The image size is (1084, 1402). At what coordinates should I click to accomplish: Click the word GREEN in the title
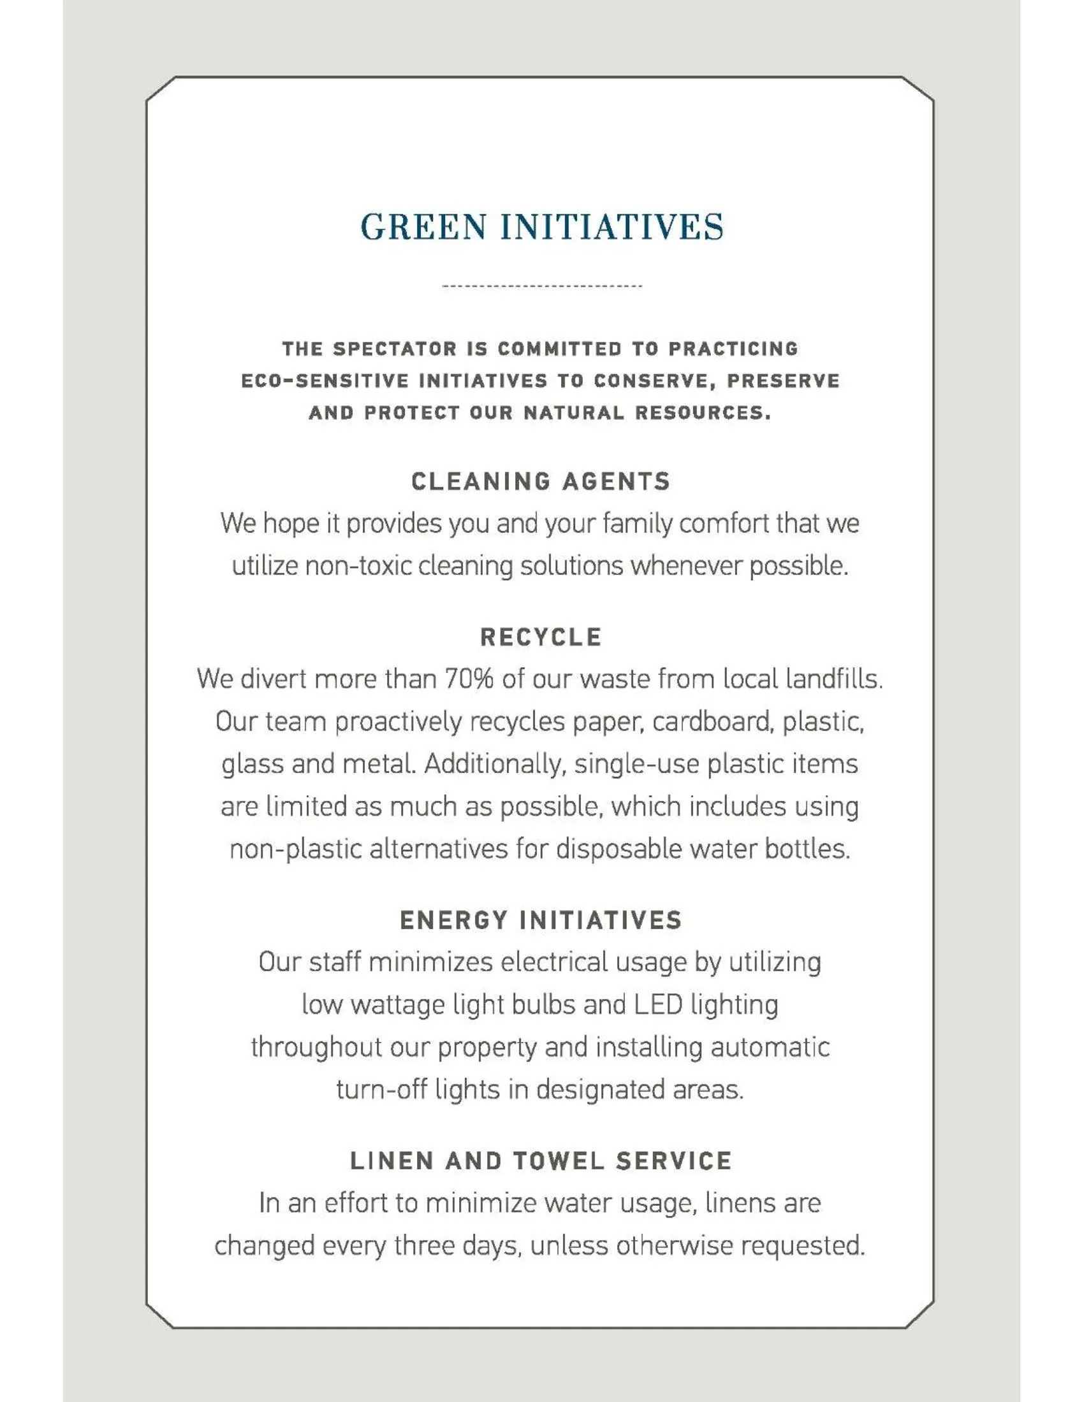(x=423, y=228)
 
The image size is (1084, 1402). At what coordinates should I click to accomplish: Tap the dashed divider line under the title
(x=542, y=285)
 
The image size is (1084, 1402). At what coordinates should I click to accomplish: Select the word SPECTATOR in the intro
(x=394, y=349)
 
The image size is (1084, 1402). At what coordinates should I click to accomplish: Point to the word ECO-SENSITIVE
(x=325, y=381)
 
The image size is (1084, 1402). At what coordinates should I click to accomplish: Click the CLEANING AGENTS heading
(x=541, y=481)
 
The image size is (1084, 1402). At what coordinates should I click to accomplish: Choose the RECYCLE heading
(x=541, y=637)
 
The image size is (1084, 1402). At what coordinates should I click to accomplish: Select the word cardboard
(x=712, y=721)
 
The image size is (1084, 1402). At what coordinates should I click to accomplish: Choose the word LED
(x=657, y=1004)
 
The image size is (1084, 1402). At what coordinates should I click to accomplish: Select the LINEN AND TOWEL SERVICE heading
(x=541, y=1160)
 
